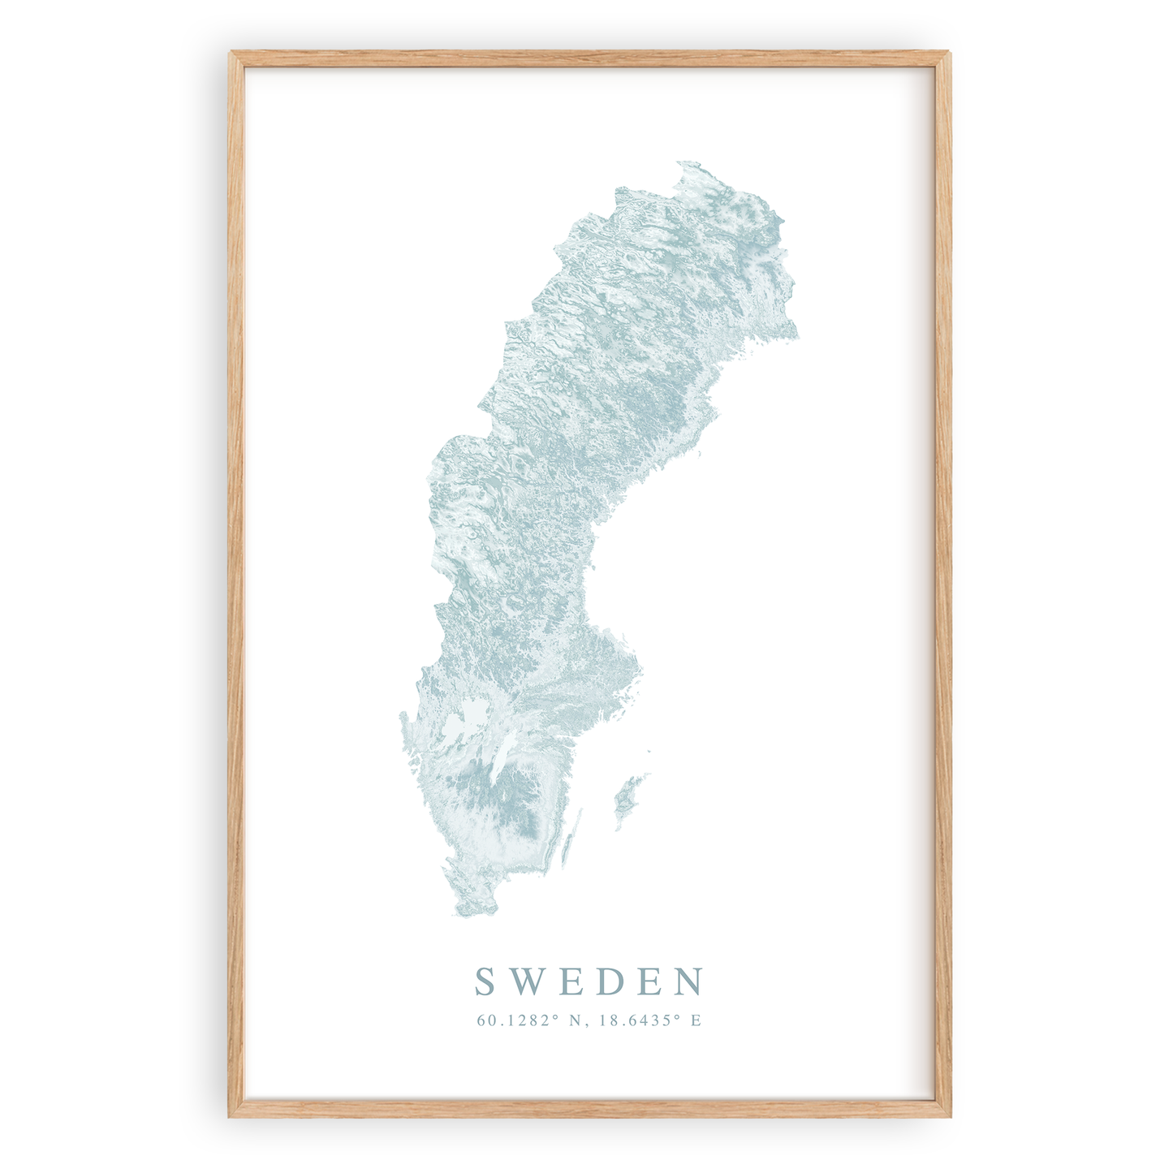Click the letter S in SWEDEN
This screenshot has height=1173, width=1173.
click(x=485, y=981)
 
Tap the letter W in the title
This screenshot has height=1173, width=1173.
click(x=526, y=981)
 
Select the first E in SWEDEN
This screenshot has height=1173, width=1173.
click(x=571, y=981)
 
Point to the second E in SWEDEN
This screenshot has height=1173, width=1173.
click(x=652, y=981)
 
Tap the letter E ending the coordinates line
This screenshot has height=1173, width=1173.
click(x=696, y=1020)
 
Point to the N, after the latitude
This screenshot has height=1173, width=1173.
click(x=577, y=1020)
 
